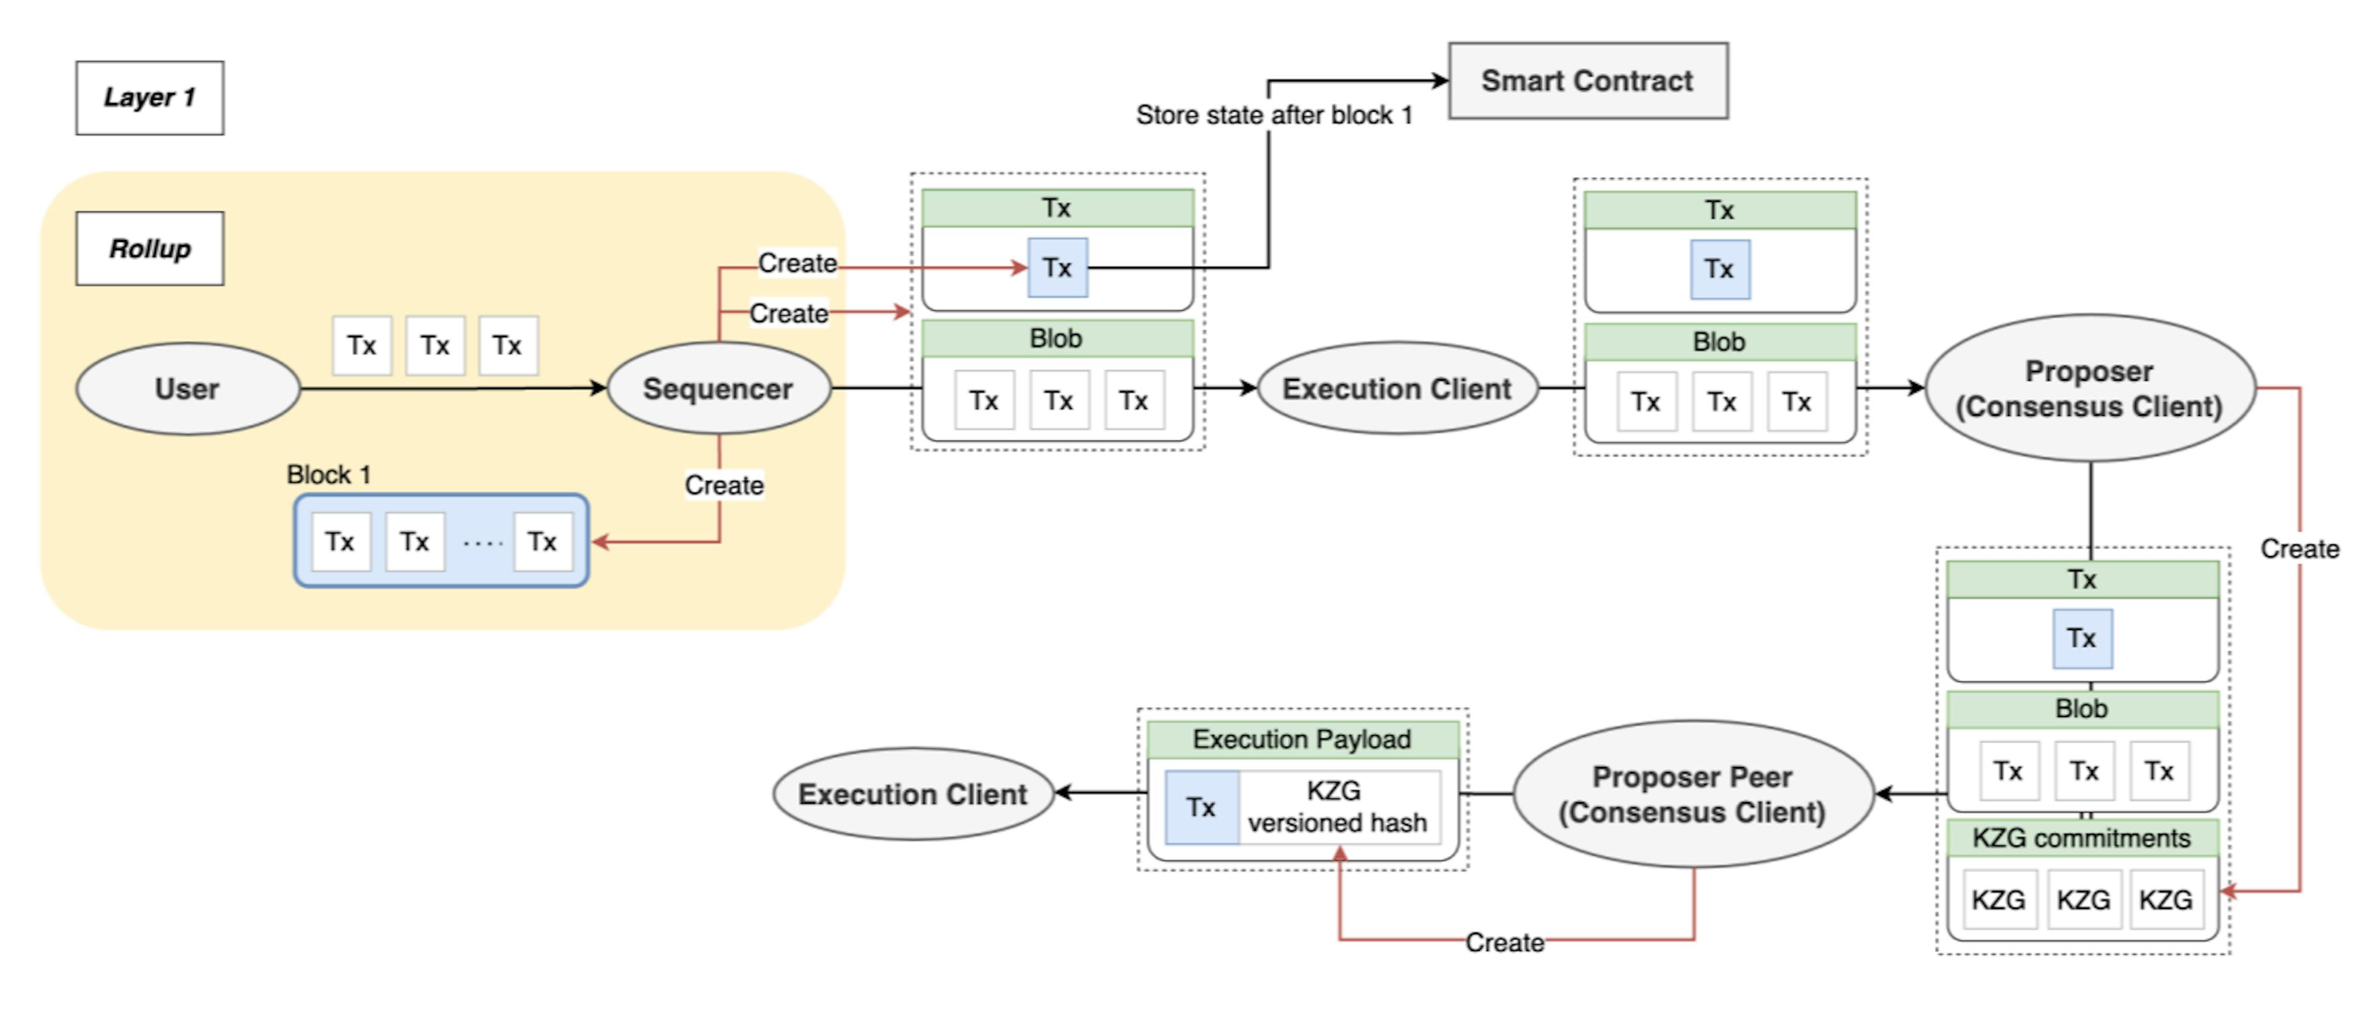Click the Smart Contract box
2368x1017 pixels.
point(1587,81)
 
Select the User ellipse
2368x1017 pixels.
point(187,389)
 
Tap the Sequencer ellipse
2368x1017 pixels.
point(718,389)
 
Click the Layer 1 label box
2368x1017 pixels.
point(150,98)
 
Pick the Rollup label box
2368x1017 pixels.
point(150,248)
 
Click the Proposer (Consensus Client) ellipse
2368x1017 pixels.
point(2089,389)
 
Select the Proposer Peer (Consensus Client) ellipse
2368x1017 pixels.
point(1692,794)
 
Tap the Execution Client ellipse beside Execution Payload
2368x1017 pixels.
point(912,794)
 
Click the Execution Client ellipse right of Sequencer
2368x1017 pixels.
point(1396,389)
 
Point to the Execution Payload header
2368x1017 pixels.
point(1302,739)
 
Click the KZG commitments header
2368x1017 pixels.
point(2081,837)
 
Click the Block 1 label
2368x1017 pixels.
point(328,475)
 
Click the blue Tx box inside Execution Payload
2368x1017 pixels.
point(1201,807)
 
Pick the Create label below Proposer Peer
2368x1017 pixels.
point(1504,942)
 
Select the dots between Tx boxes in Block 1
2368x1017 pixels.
point(483,542)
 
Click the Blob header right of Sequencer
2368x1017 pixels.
point(1056,338)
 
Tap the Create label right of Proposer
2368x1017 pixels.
point(2299,549)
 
